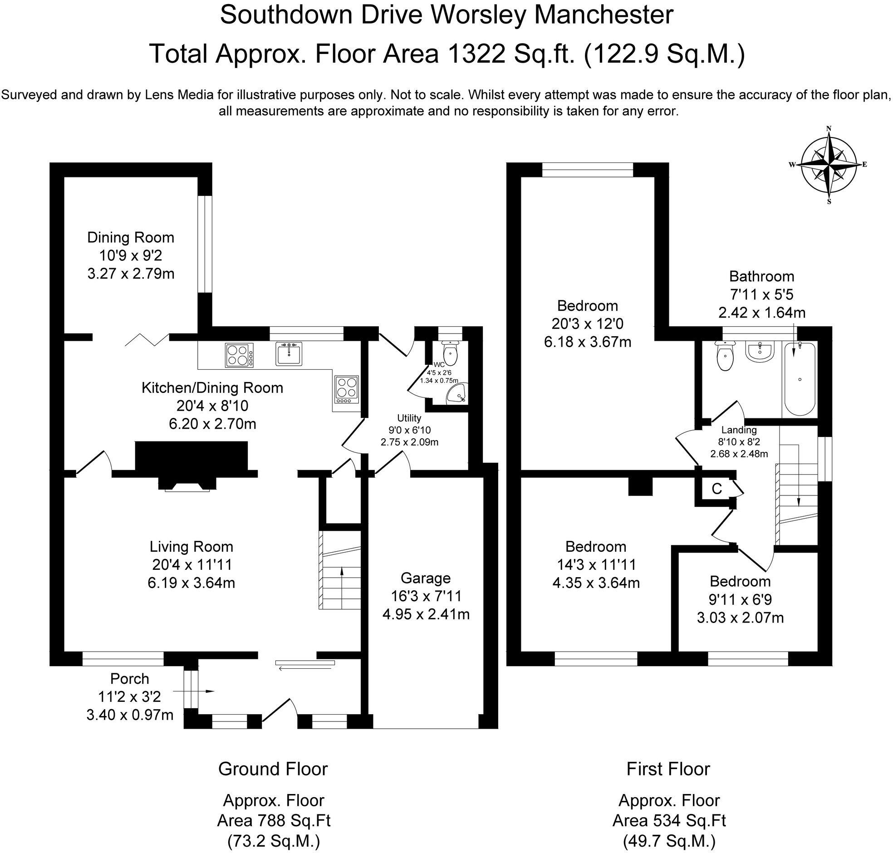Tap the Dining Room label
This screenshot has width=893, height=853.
point(131,237)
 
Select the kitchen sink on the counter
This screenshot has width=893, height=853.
point(288,354)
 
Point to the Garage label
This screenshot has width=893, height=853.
point(426,578)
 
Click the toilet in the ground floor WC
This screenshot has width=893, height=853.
point(450,354)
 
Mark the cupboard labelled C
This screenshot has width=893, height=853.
point(716,489)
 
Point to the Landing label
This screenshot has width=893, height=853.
point(739,430)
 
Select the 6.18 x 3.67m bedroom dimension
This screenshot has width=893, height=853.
point(588,342)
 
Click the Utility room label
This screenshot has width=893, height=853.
point(409,418)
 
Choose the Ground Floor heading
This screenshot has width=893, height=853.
point(273,769)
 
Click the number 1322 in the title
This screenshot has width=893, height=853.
point(476,54)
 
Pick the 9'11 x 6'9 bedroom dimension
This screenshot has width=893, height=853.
point(740,600)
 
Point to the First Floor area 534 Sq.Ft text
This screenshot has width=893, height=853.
point(668,820)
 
